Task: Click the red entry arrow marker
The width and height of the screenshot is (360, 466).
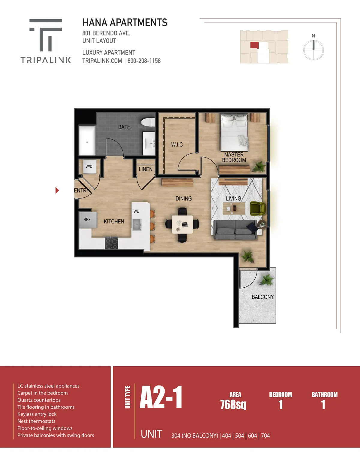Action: tap(57, 190)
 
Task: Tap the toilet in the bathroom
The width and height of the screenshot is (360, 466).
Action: tap(148, 122)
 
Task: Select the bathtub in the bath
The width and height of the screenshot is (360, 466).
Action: tap(87, 141)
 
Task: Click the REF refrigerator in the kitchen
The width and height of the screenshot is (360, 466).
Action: tap(88, 220)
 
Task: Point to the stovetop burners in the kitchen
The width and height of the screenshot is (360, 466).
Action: tap(111, 243)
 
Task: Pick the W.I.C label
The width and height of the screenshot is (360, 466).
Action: tap(177, 144)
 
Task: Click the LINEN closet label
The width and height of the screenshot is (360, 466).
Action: tap(145, 169)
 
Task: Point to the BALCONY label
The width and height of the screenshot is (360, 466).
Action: tap(262, 297)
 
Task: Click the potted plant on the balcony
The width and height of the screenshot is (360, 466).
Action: tap(266, 280)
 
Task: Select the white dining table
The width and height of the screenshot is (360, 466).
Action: tap(182, 225)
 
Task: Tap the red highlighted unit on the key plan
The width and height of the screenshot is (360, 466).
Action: tap(254, 45)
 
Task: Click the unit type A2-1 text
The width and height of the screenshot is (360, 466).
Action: tap(161, 397)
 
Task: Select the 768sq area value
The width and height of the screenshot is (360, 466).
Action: tap(233, 405)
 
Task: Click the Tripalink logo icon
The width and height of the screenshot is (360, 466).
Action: tap(46, 35)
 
